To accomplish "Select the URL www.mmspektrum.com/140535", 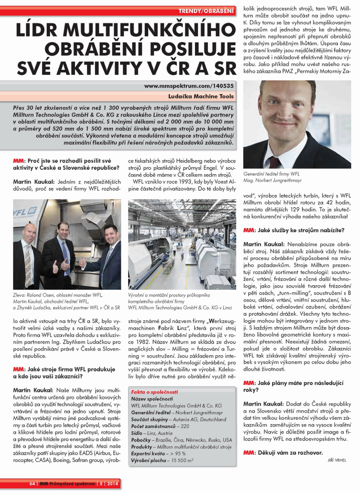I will (x=189, y=86).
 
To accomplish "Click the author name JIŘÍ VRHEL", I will (x=337, y=460).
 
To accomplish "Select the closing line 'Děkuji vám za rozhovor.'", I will (x=289, y=452).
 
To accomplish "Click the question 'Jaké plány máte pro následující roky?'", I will (x=293, y=386).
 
